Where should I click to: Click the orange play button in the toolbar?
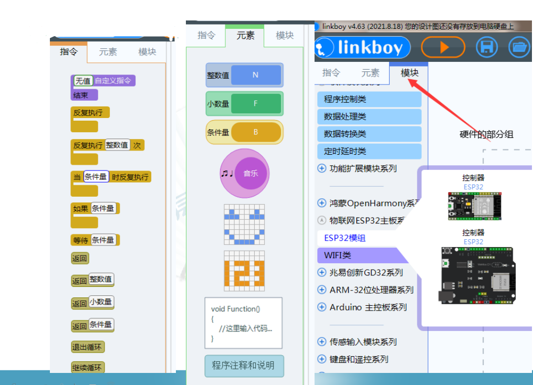443,47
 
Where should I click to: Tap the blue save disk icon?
487,47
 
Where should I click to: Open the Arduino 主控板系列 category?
368,307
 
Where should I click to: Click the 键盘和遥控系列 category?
358,359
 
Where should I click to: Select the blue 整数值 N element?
245,75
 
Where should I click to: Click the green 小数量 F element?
245,104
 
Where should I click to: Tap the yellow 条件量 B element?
245,132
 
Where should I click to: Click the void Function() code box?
243,323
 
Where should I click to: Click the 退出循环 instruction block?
88,347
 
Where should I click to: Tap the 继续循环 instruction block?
88,368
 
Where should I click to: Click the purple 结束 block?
84,95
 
